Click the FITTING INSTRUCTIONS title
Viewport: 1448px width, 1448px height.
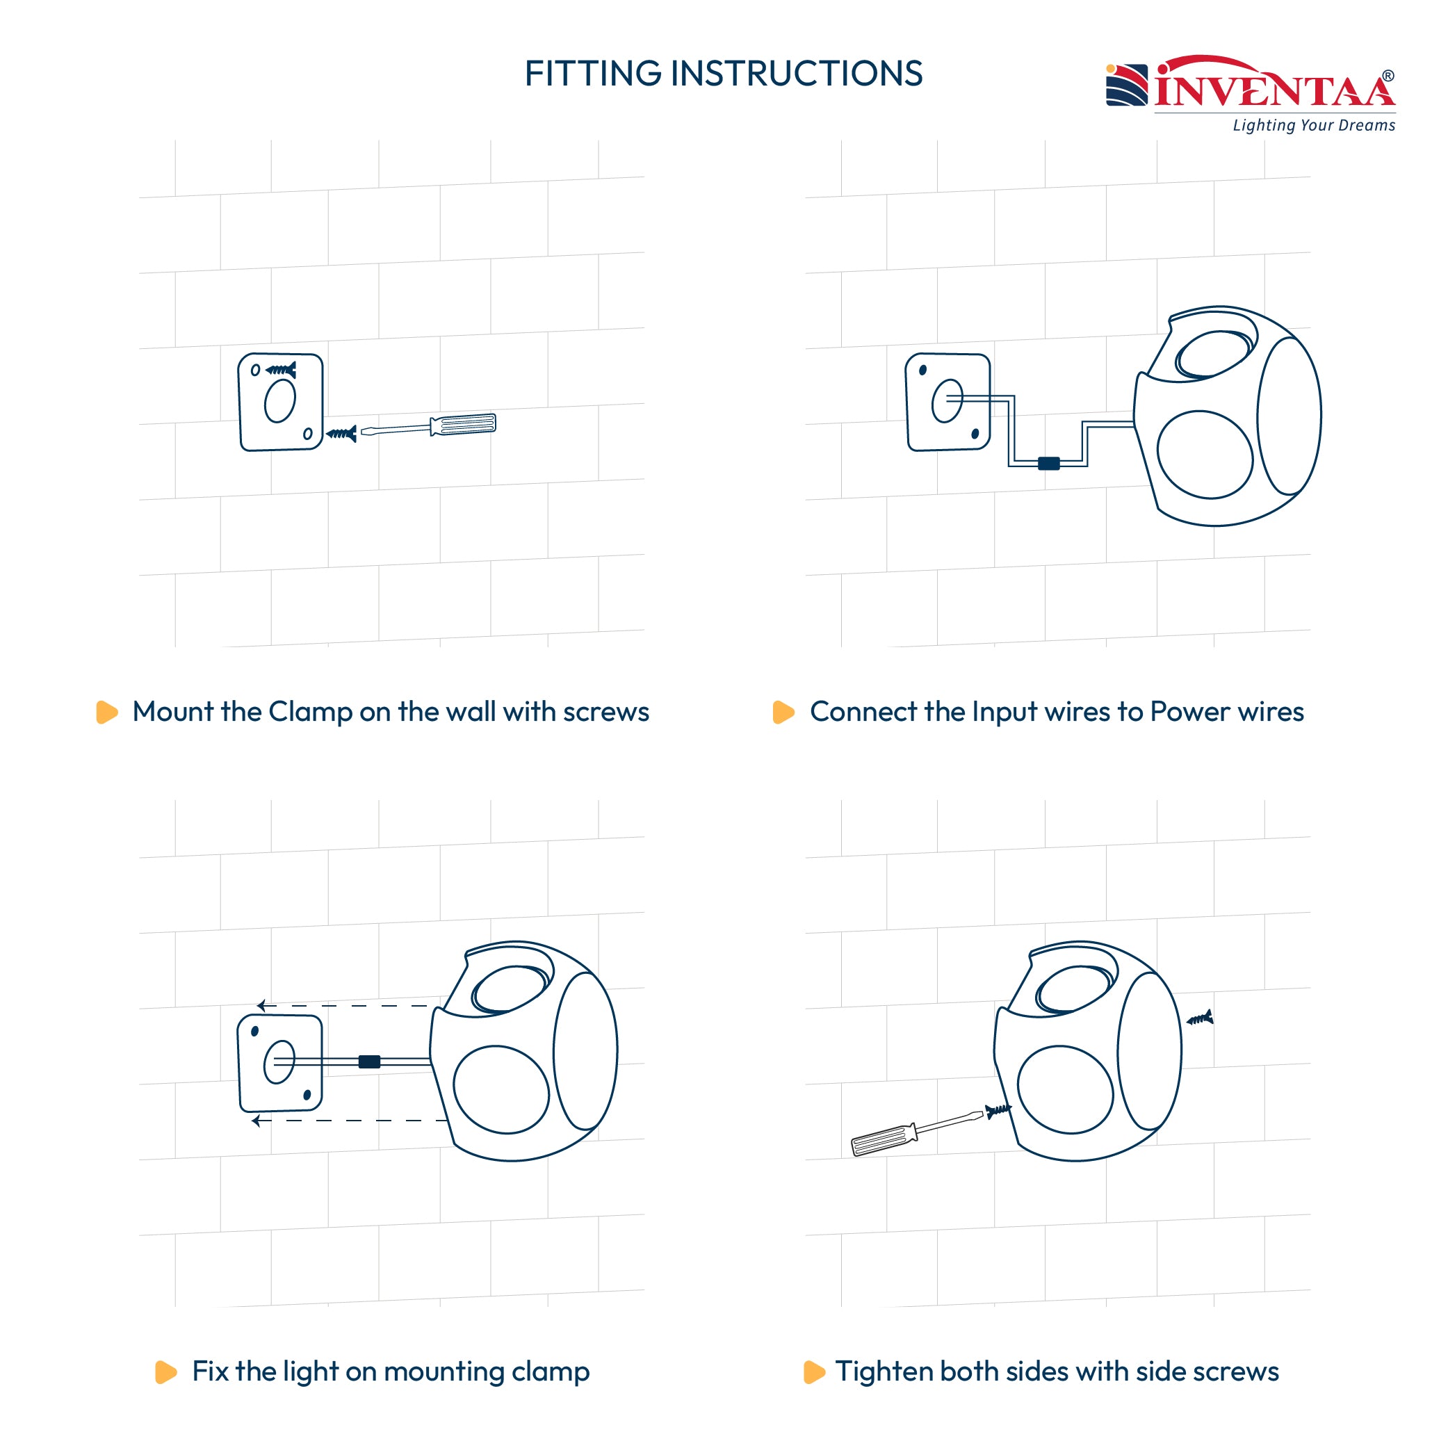pyautogui.click(x=723, y=74)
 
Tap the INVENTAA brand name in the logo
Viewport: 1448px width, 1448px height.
pyautogui.click(x=1274, y=86)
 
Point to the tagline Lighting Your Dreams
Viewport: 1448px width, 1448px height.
pyautogui.click(x=1314, y=125)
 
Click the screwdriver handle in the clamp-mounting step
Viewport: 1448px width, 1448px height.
pyautogui.click(x=463, y=425)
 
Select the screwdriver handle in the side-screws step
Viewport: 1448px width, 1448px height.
pyautogui.click(x=884, y=1140)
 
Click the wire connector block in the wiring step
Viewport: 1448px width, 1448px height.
pyautogui.click(x=1048, y=463)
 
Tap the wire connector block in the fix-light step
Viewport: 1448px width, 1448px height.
pyautogui.click(x=370, y=1061)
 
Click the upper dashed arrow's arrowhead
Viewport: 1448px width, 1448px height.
pyautogui.click(x=261, y=1005)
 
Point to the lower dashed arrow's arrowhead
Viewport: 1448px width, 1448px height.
pyautogui.click(x=257, y=1121)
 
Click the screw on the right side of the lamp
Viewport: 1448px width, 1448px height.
pyautogui.click(x=1200, y=1018)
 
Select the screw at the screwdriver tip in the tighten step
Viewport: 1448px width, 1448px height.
pyautogui.click(x=998, y=1110)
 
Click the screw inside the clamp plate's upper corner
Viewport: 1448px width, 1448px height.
pyautogui.click(x=281, y=370)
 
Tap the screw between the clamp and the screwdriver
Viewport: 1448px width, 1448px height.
pyautogui.click(x=341, y=433)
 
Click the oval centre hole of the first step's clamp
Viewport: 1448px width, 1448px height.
pyautogui.click(x=280, y=401)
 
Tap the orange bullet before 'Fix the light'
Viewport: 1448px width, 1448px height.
pyautogui.click(x=165, y=1372)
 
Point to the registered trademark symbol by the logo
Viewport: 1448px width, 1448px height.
pyautogui.click(x=1388, y=76)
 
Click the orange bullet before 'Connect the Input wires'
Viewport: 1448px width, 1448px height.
pyautogui.click(x=783, y=712)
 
